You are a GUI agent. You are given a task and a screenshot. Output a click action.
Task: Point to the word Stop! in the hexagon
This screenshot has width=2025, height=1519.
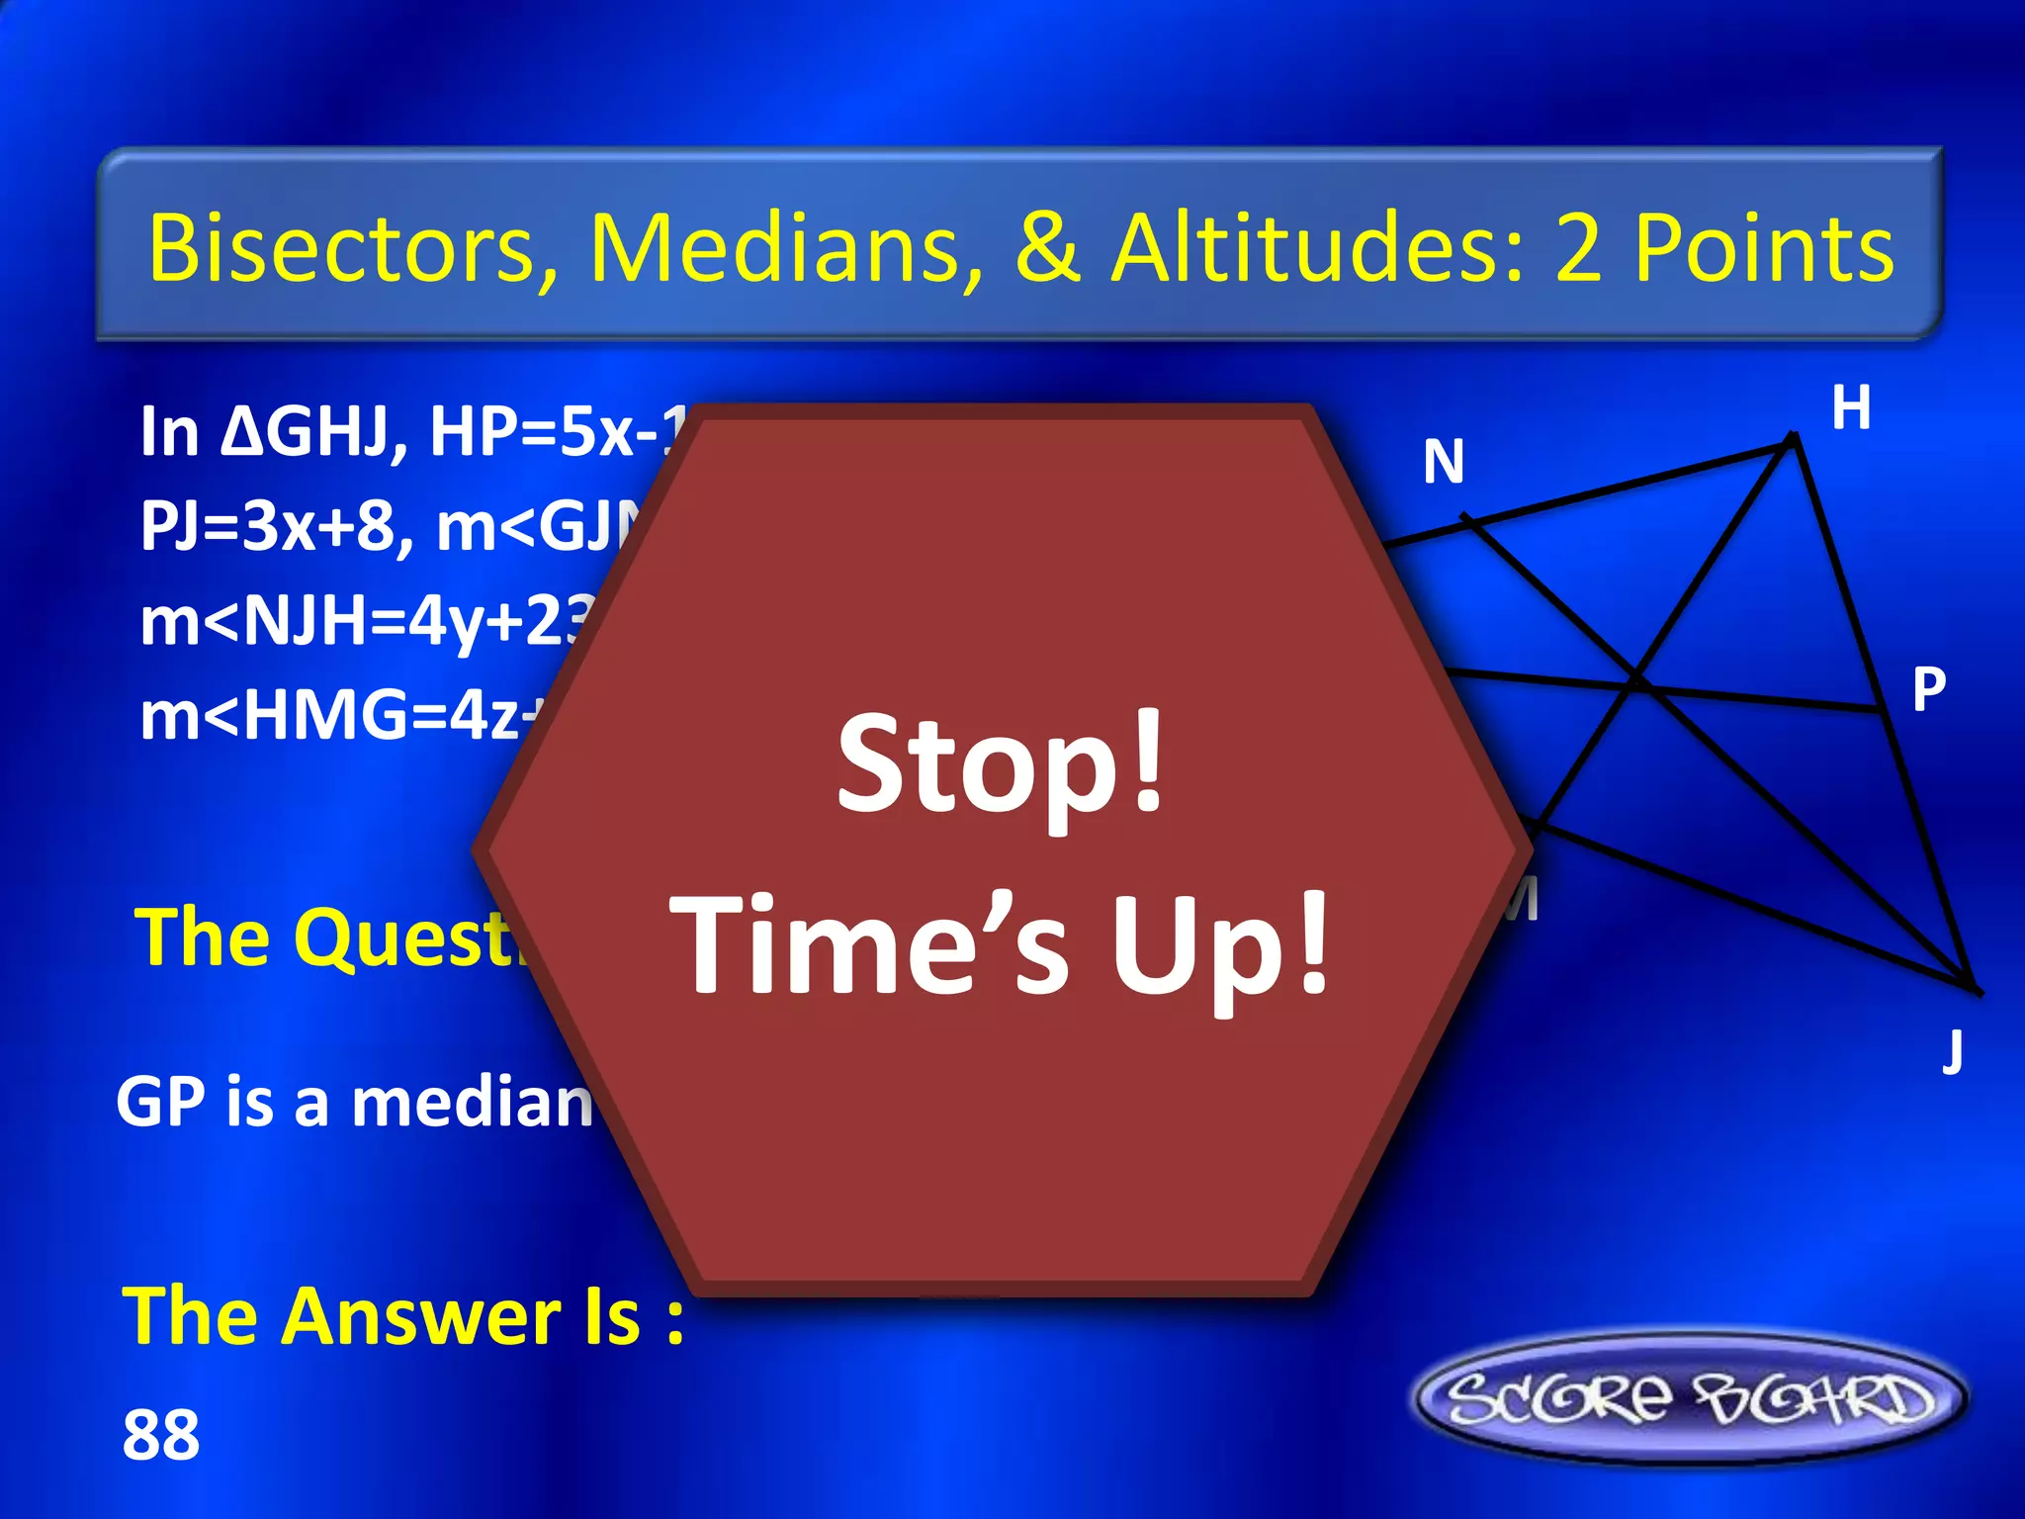coord(1001,766)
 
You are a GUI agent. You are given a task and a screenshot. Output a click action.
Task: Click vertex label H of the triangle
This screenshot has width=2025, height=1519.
coord(1851,407)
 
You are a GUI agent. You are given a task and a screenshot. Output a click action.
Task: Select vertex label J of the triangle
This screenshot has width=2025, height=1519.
coord(1952,1050)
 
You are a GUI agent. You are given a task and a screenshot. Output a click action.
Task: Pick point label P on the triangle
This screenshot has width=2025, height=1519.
coord(1928,689)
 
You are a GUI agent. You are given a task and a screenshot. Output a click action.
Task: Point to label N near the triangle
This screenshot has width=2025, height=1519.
coord(1444,462)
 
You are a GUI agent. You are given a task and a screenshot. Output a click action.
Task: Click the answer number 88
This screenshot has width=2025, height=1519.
coord(160,1436)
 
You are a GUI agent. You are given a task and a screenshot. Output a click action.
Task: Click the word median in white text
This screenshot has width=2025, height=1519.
coord(473,1103)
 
